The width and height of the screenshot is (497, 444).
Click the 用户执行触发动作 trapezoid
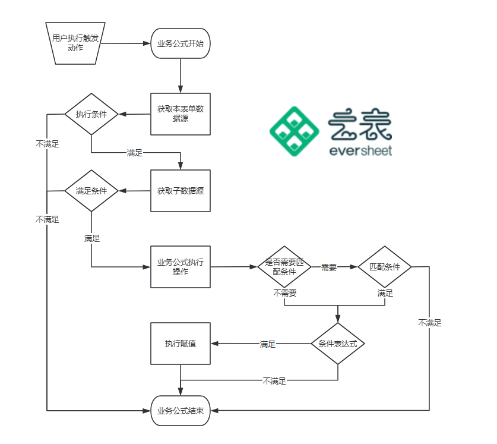click(x=71, y=43)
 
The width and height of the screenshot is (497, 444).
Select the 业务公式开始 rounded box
click(x=180, y=43)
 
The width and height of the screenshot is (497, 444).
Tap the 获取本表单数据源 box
click(x=180, y=114)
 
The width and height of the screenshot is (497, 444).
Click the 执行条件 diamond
click(x=91, y=114)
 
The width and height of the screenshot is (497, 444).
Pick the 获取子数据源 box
click(x=180, y=191)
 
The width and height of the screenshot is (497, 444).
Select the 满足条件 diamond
click(x=91, y=191)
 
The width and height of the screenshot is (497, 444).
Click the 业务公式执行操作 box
click(x=180, y=267)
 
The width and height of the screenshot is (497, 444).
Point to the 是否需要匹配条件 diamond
click(x=284, y=267)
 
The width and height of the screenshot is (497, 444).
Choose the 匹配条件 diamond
click(x=385, y=267)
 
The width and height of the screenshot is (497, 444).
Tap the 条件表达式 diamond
click(x=337, y=344)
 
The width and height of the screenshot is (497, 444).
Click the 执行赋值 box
click(x=180, y=344)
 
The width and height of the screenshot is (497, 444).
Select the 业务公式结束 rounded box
click(x=180, y=411)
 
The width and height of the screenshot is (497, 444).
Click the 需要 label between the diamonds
click(x=329, y=267)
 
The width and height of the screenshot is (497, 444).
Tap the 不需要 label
click(x=285, y=293)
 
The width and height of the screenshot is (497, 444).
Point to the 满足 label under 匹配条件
click(x=385, y=293)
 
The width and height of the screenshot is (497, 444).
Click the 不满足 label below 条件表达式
click(x=274, y=381)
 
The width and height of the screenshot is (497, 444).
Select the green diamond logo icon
click(x=295, y=131)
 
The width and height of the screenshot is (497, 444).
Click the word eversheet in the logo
click(x=360, y=151)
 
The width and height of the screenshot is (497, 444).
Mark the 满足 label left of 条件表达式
click(x=268, y=344)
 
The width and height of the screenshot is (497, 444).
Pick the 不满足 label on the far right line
click(x=429, y=323)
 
